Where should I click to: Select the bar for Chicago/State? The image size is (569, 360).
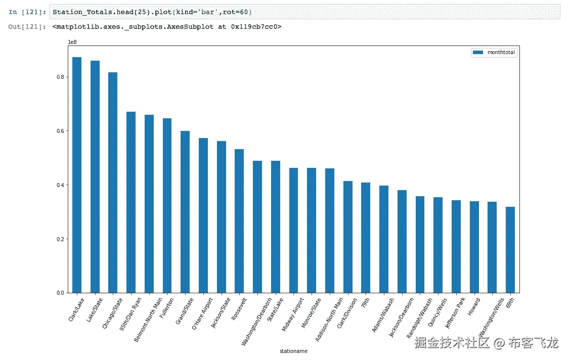(113, 183)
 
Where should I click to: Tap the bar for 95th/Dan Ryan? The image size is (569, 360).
(131, 202)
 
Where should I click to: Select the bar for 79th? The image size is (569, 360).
(366, 238)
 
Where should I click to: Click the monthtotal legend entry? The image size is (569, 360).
(494, 53)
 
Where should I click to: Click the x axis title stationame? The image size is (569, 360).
(293, 351)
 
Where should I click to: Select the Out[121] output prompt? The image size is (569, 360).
(28, 26)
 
